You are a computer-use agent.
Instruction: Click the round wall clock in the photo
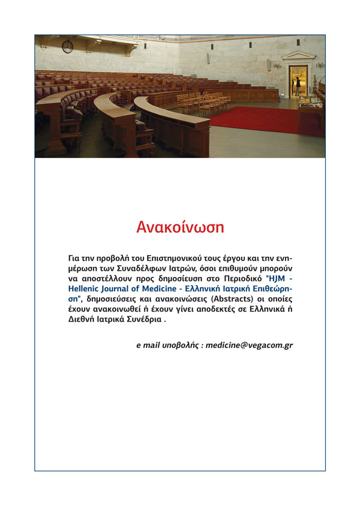coord(67,47)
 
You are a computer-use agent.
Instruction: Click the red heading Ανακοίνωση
coord(180,227)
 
